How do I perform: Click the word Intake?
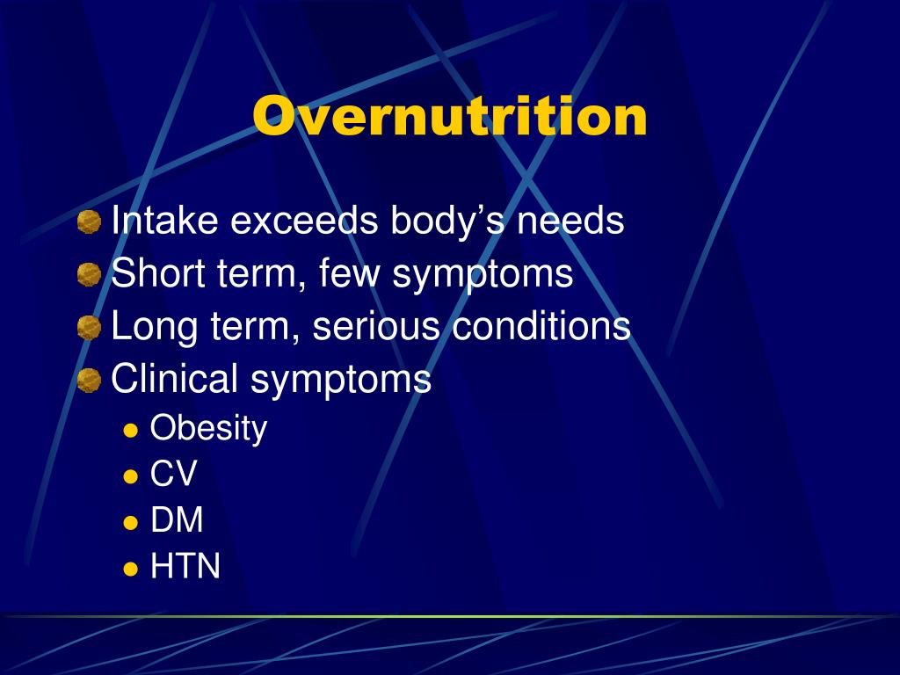pos(165,221)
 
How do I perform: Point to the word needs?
pos(570,221)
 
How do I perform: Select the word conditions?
pos(541,327)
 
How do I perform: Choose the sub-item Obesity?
pos(208,429)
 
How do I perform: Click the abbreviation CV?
pos(173,475)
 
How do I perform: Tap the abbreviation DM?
pos(177,520)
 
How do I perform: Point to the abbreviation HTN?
pos(185,567)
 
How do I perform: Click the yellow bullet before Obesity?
pos(131,431)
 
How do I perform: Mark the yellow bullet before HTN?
pos(131,569)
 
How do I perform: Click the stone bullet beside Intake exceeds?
pos(89,222)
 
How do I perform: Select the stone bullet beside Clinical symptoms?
pos(89,381)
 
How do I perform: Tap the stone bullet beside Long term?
pos(89,329)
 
